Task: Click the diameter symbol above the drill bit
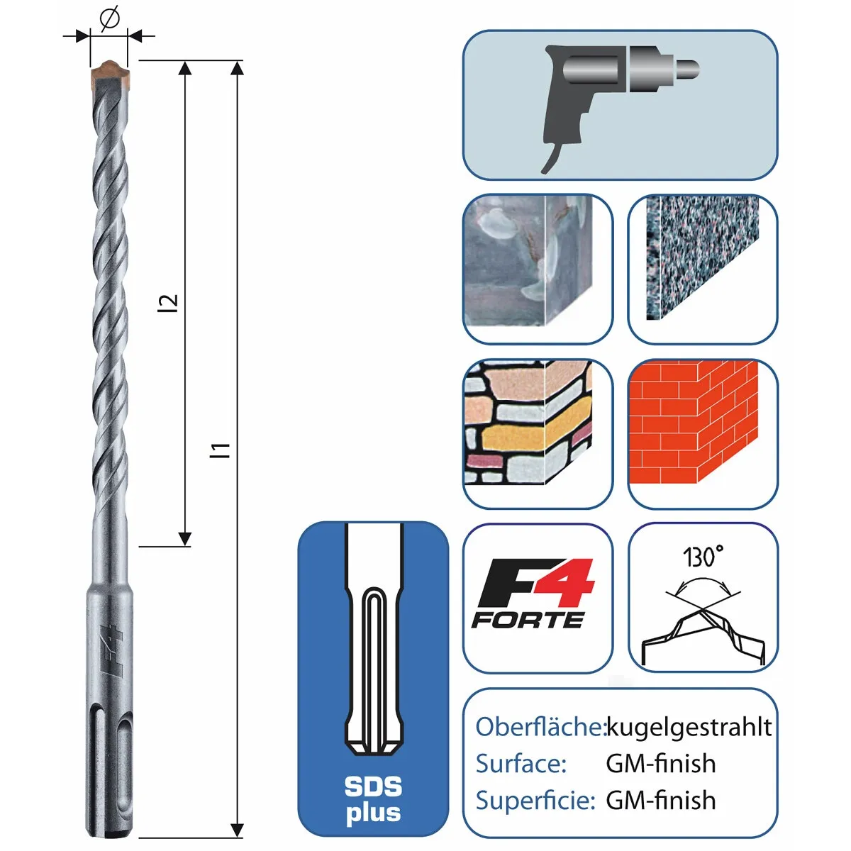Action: (x=109, y=18)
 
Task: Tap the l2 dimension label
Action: (x=168, y=303)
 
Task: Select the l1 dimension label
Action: (x=220, y=450)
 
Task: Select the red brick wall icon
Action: (x=694, y=422)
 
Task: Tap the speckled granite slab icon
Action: (x=702, y=258)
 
